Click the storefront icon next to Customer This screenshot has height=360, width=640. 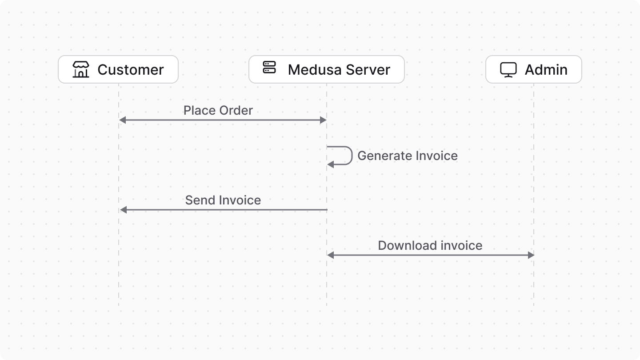(x=81, y=69)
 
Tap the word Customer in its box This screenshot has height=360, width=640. (x=131, y=70)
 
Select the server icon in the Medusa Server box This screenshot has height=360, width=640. (x=269, y=68)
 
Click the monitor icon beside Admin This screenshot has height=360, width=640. (x=508, y=70)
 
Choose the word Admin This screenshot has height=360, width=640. (x=546, y=70)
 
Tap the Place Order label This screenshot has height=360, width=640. (x=218, y=110)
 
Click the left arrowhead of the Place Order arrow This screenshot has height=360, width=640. (x=123, y=120)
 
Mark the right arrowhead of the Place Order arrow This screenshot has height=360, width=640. (x=323, y=120)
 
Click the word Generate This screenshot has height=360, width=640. (x=384, y=156)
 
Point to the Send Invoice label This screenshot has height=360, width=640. (x=223, y=200)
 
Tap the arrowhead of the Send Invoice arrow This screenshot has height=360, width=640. (x=124, y=210)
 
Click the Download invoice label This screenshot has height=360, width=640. (x=430, y=245)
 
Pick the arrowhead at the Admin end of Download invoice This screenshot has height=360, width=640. (x=531, y=255)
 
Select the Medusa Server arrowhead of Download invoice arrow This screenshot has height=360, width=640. (x=331, y=255)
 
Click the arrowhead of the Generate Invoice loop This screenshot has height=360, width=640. (x=331, y=165)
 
